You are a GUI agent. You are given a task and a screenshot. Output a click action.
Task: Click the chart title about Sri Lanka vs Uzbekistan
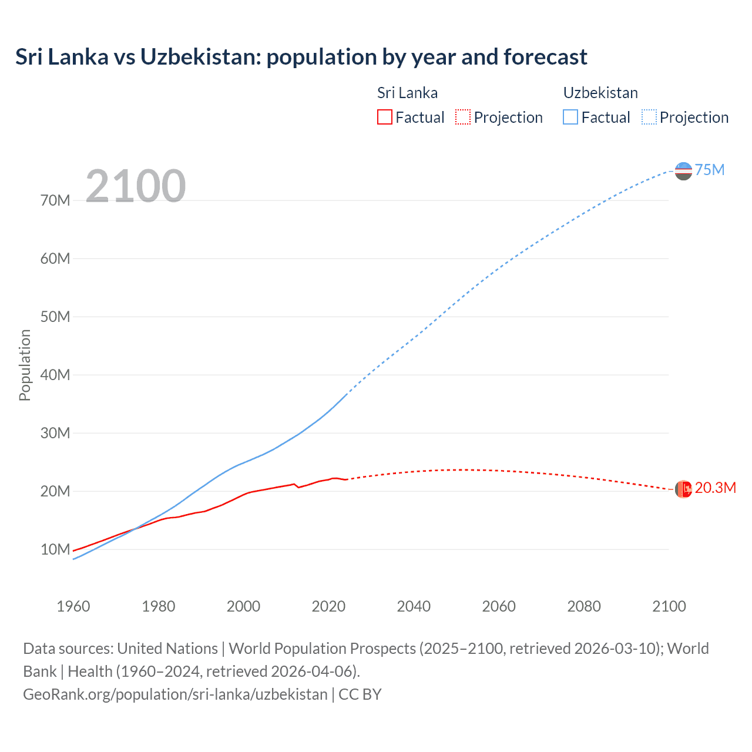point(301,57)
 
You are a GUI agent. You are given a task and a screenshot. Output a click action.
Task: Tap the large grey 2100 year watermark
point(136,186)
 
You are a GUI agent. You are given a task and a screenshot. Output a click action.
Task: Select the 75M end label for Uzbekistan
point(710,170)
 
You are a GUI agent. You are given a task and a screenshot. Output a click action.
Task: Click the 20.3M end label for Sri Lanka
point(715,488)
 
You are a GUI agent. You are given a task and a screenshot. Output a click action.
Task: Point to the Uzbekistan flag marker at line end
point(683,171)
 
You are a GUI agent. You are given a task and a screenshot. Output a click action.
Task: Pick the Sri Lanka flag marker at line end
point(683,489)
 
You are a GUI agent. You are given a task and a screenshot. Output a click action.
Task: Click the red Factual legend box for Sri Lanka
point(384,117)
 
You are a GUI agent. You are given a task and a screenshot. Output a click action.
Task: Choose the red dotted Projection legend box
point(463,117)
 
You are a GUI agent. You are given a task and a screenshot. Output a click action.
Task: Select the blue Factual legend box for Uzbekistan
point(570,117)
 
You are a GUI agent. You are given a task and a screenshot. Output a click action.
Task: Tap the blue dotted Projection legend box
point(649,117)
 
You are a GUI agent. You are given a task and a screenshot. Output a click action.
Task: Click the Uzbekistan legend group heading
point(600,93)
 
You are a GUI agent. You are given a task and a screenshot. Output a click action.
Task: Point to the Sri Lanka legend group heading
point(407,93)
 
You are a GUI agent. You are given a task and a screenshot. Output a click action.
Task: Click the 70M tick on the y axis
point(55,200)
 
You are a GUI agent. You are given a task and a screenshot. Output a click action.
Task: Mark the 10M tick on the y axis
point(55,549)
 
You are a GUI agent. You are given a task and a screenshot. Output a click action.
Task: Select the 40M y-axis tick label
point(55,375)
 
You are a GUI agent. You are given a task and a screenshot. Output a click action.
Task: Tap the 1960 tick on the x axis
point(73,606)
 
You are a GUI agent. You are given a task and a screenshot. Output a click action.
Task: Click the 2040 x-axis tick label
point(414,606)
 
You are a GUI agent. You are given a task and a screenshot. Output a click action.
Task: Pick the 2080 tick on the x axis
point(584,606)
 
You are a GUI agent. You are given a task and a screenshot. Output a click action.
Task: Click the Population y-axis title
point(25,365)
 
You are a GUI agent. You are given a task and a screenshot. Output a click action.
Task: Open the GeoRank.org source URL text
point(175,694)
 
